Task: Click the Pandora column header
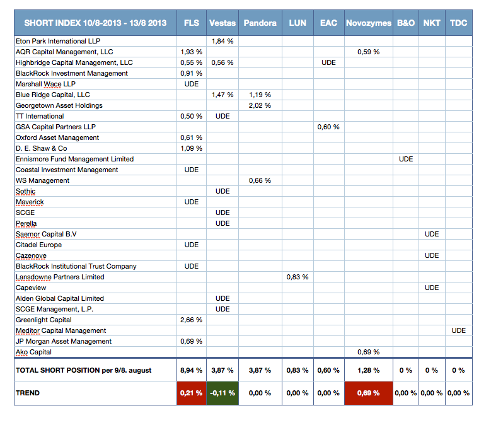pos(260,23)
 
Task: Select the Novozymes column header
pos(369,23)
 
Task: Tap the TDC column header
pos(458,23)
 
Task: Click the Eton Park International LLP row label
pos(58,41)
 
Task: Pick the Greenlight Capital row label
pos(43,320)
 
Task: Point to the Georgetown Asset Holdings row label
pos(59,105)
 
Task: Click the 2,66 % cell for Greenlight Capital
pos(192,320)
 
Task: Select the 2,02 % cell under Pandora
pos(260,105)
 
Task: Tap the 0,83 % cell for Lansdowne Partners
pos(297,277)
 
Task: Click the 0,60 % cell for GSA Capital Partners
pos(328,127)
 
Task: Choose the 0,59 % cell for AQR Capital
pos(369,52)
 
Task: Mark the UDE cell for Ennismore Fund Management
pos(406,159)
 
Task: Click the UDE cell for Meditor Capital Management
pos(458,330)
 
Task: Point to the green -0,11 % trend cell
pos(222,393)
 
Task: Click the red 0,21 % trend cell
pos(192,393)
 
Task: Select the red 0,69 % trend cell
pos(369,393)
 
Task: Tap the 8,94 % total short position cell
pos(192,370)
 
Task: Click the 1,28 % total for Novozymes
pos(369,370)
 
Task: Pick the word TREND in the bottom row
pos(28,393)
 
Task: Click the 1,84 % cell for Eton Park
pos(222,41)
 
